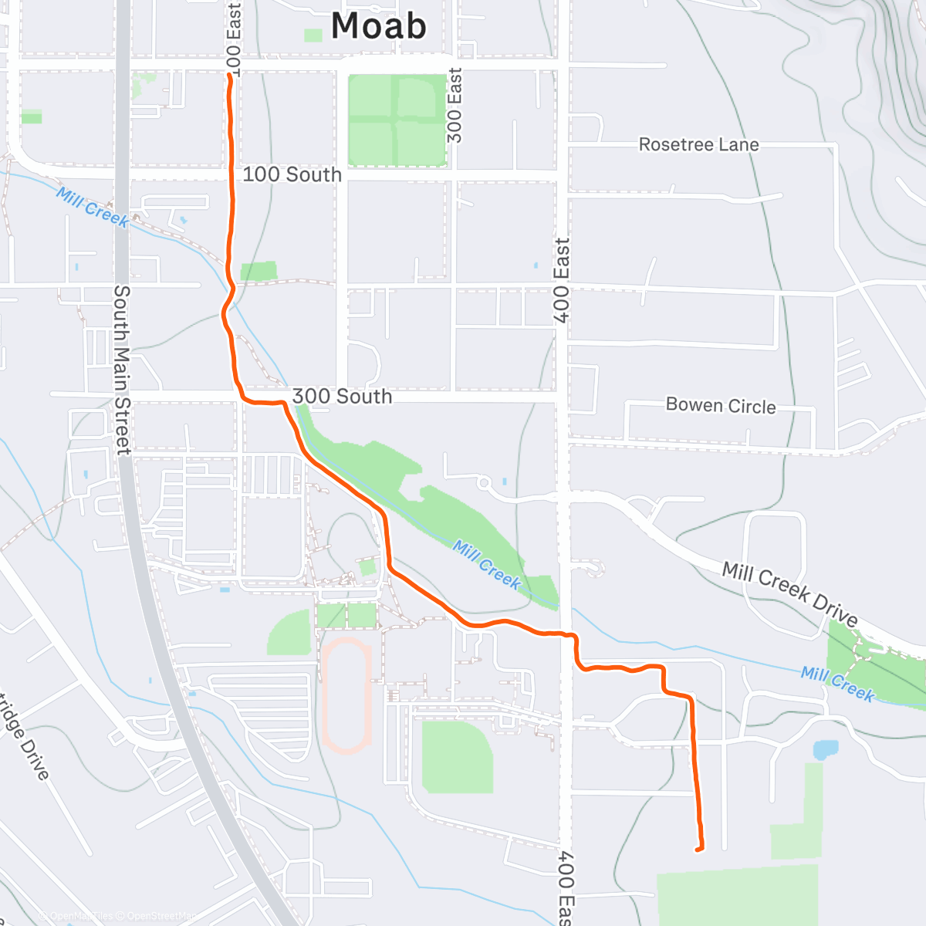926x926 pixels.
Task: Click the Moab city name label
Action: point(378,26)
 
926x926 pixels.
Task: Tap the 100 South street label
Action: point(292,174)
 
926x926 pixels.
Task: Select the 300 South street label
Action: point(342,397)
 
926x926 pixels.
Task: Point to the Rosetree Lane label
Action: point(698,145)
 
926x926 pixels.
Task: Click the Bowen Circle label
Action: point(721,406)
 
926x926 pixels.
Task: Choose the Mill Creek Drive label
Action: point(790,594)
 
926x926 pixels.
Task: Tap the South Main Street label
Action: point(122,369)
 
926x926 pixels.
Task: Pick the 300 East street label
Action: point(455,105)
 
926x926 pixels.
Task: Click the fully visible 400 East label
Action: point(562,279)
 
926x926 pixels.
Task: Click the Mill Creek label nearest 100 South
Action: point(93,207)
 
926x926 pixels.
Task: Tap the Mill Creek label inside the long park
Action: point(487,565)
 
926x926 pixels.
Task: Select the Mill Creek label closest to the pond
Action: point(837,684)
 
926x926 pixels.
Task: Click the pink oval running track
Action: point(346,695)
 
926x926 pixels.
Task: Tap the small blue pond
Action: point(825,749)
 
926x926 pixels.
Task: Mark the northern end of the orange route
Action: point(230,76)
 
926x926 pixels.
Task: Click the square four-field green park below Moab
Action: point(397,120)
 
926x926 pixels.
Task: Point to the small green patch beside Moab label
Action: point(313,35)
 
